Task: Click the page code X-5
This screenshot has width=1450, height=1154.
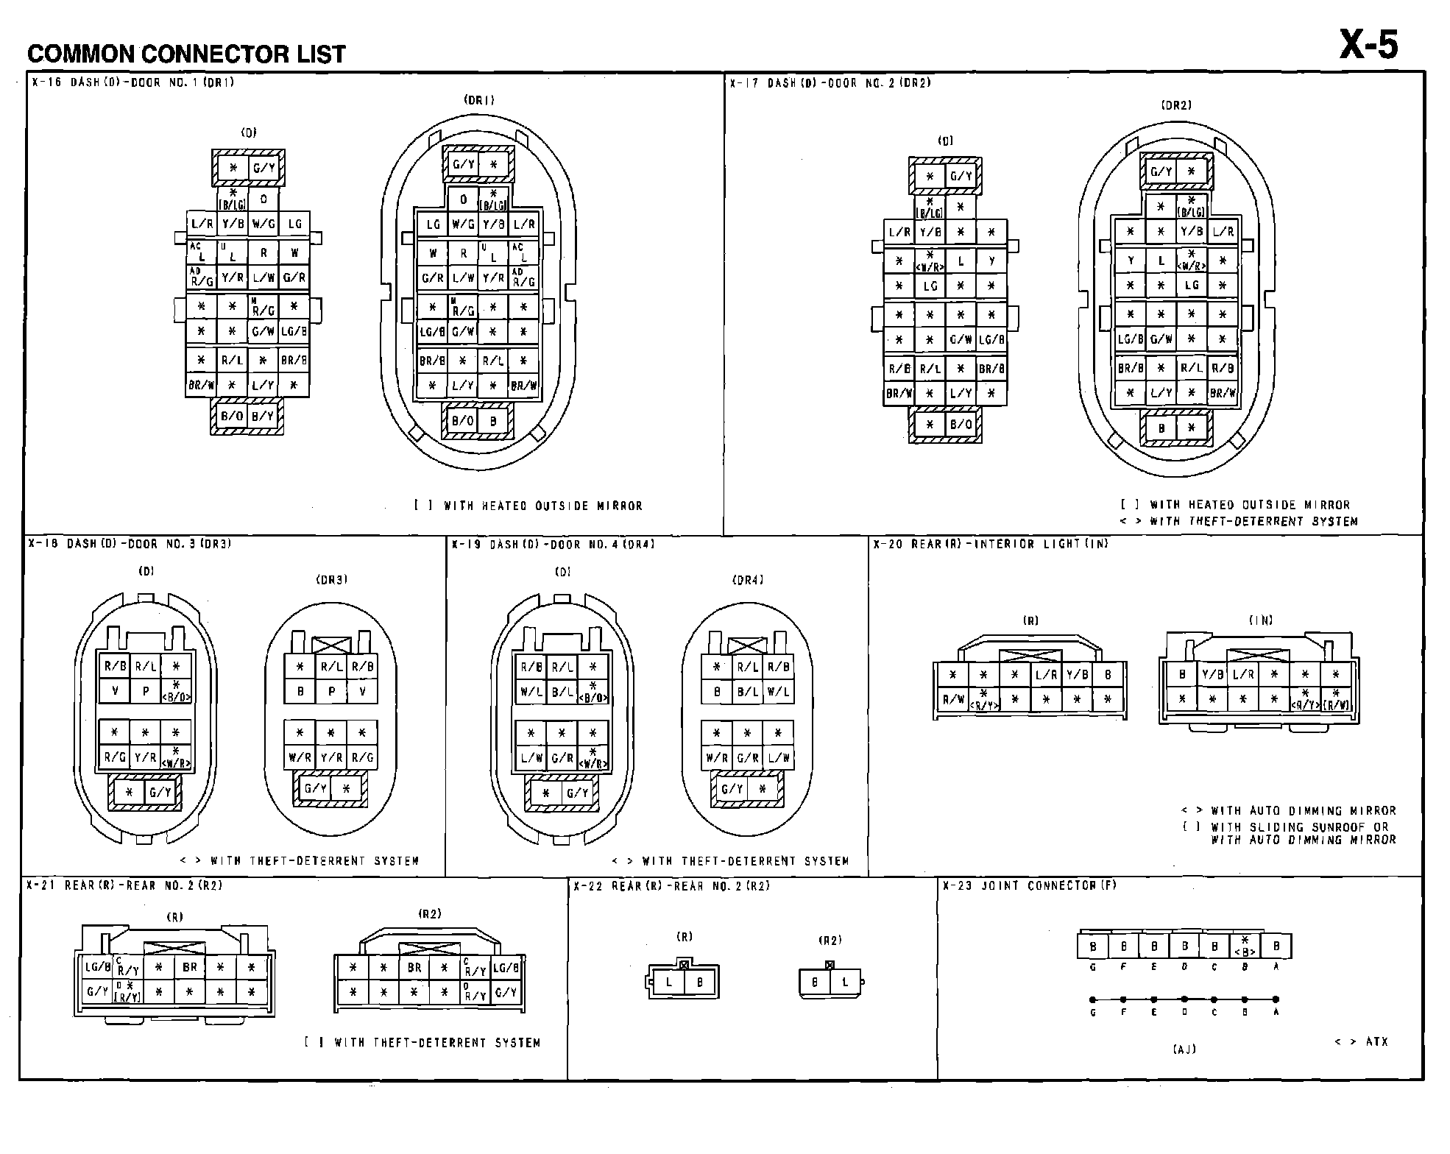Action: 1368,46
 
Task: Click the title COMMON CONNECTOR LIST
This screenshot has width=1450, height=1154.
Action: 186,54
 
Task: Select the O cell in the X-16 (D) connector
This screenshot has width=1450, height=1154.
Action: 264,199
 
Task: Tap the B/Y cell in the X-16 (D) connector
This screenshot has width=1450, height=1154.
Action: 263,416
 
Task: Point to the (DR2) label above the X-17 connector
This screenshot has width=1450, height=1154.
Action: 1175,105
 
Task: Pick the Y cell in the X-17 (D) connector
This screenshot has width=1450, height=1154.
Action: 991,261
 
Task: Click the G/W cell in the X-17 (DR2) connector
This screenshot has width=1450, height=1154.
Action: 1161,339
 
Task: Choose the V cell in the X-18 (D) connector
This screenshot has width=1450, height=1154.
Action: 115,691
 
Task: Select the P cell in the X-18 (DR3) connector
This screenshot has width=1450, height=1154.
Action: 331,691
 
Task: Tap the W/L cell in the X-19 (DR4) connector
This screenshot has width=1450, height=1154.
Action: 778,691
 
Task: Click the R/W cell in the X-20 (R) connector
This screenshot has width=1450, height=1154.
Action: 952,700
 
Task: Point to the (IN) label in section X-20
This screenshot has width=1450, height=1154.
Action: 1260,620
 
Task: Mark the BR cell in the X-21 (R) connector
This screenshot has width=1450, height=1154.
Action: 190,967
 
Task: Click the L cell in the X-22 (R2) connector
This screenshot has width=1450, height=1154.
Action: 845,982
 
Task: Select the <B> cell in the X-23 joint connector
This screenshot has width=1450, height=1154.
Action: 1245,946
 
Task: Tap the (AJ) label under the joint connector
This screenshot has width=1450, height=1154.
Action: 1184,1049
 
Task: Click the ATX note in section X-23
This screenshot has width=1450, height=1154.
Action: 1376,1042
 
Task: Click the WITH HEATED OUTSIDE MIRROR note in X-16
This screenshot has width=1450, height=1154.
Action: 543,506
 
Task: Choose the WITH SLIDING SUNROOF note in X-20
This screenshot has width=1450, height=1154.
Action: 1299,826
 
